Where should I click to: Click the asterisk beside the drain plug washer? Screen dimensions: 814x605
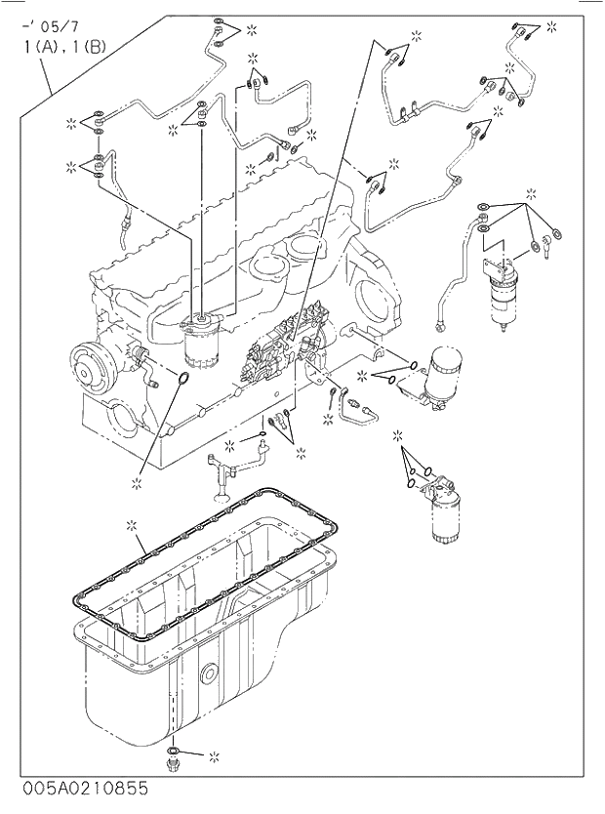[215, 754]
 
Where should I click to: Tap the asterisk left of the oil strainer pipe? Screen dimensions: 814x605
[230, 446]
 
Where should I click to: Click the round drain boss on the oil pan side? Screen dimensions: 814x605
[208, 672]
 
